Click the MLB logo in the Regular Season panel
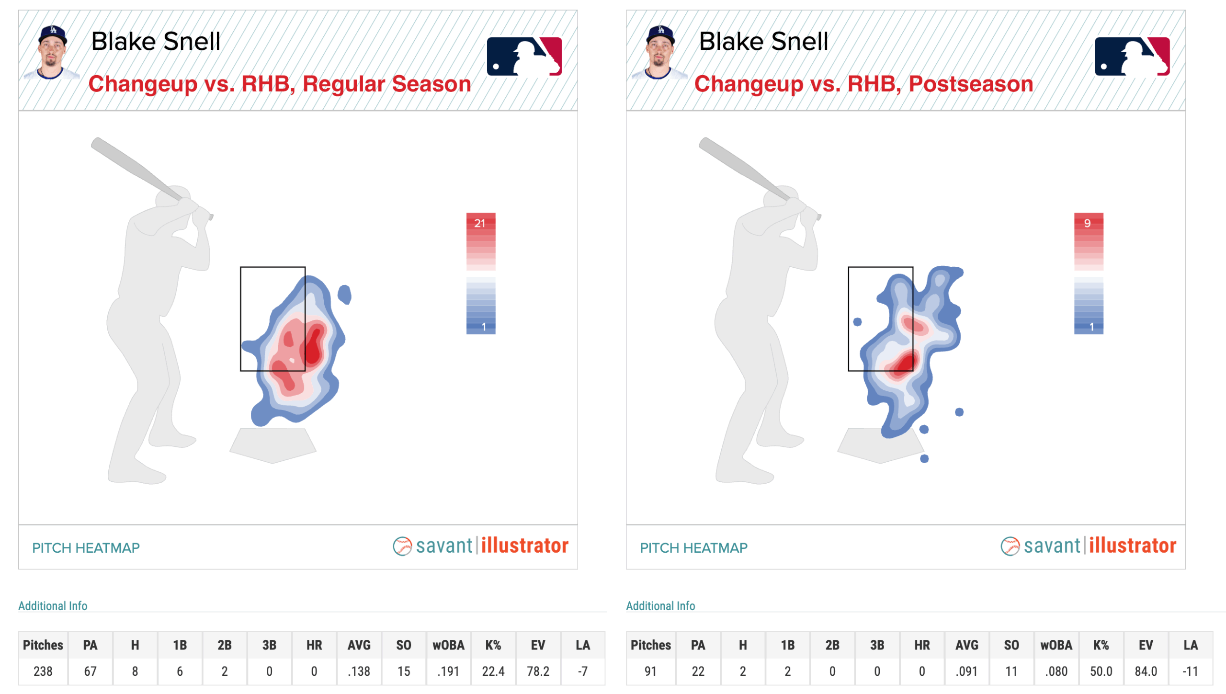[x=524, y=57]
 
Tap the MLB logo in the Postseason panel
[x=1132, y=57]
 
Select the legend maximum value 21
[x=480, y=223]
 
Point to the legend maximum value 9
[x=1087, y=223]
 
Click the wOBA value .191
[x=448, y=671]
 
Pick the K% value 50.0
[x=1101, y=671]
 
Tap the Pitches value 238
[x=43, y=671]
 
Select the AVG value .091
[x=966, y=671]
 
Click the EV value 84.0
[x=1146, y=671]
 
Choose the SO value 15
[x=403, y=671]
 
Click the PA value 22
[x=698, y=671]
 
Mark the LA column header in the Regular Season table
[x=582, y=645]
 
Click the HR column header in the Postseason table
[x=921, y=645]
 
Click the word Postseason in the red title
[x=971, y=84]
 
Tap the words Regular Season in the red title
[x=386, y=84]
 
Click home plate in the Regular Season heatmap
[x=272, y=445]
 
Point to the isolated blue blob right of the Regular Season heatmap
[x=344, y=294]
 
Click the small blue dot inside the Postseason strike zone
[x=857, y=322]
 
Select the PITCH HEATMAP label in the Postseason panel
[x=693, y=547]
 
